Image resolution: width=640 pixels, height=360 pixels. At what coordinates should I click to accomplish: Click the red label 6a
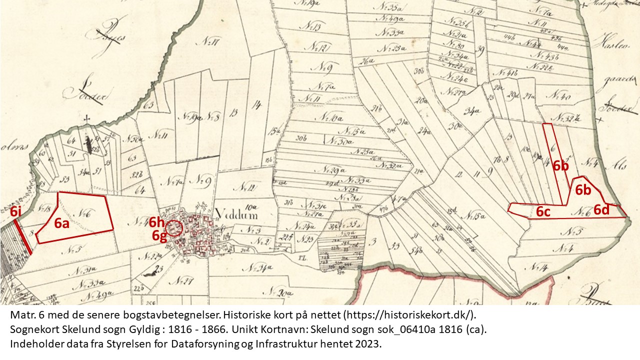tap(61, 224)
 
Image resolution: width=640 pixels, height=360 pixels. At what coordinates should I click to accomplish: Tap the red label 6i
tap(15, 211)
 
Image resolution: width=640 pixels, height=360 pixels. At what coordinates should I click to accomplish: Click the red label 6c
tap(543, 211)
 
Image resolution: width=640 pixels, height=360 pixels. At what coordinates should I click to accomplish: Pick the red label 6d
tap(601, 210)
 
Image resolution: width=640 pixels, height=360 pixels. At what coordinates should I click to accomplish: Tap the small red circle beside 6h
tap(174, 228)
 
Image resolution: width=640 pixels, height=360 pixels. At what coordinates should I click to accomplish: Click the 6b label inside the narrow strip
tap(561, 166)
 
